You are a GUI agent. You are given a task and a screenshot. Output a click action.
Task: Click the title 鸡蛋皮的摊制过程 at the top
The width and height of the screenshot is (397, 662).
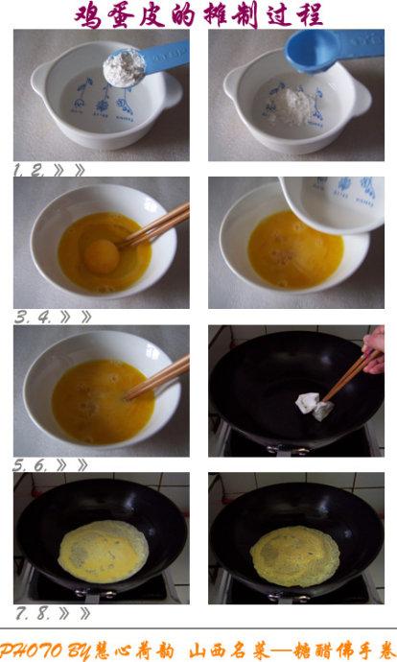click(x=198, y=14)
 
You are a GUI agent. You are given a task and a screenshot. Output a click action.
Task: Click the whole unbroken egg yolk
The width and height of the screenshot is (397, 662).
click(x=101, y=254)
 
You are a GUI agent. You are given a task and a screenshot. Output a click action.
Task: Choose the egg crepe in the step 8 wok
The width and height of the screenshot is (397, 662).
click(x=295, y=556)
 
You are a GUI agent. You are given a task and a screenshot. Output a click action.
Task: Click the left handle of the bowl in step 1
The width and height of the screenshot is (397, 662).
click(x=39, y=82)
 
